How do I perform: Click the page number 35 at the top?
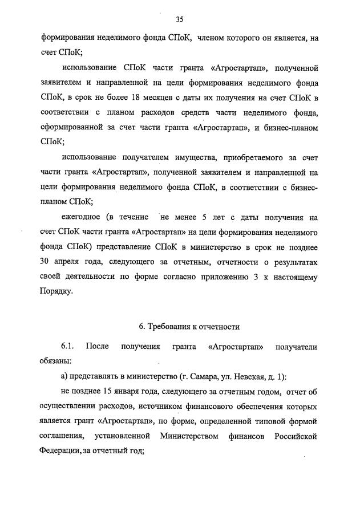(x=179, y=19)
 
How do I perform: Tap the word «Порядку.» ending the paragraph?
(x=57, y=291)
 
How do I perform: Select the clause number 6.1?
(x=68, y=347)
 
